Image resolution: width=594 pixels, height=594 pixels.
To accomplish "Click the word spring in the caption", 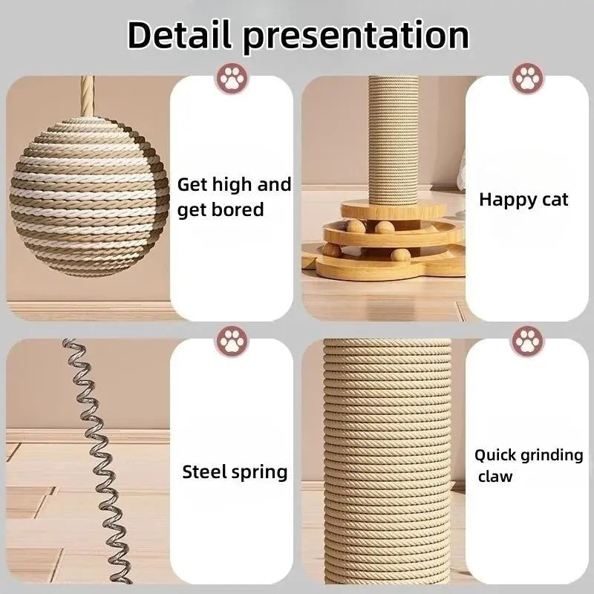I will tap(259, 472).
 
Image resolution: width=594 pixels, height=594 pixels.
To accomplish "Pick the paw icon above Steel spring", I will tap(231, 341).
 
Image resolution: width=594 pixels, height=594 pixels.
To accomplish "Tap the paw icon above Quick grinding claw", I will tap(527, 341).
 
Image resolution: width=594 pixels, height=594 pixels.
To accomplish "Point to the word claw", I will tap(495, 477).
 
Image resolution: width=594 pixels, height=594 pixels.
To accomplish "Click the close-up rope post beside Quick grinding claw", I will tap(387, 460).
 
